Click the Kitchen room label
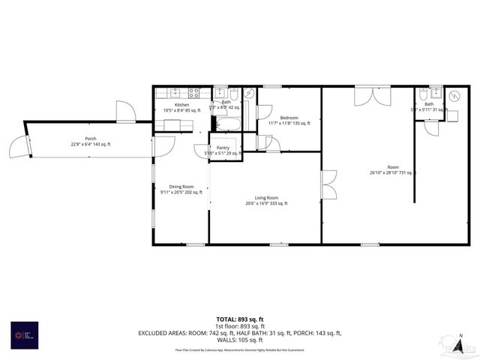182,105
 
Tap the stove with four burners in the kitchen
193,94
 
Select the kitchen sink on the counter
174,94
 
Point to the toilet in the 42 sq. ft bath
235,94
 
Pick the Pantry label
223,148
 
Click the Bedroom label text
289,118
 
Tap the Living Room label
266,198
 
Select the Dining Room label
181,187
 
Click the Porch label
91,138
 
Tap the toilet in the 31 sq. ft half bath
424,94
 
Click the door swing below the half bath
431,127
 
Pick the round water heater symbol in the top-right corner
454,97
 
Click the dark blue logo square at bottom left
23,334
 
